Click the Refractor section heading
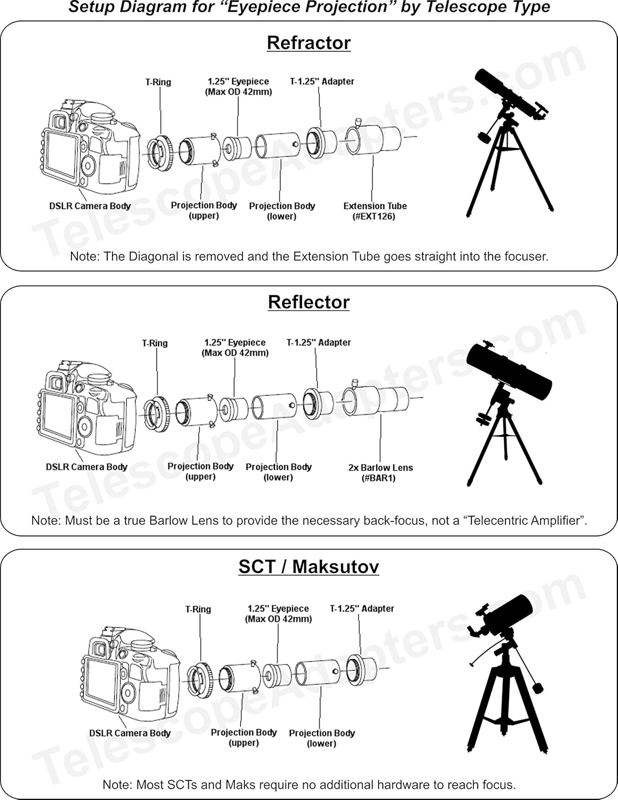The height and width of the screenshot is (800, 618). [308, 43]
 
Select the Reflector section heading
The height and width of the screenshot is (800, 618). [308, 302]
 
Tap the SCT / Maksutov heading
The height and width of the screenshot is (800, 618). [308, 566]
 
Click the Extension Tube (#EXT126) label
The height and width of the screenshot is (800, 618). [375, 211]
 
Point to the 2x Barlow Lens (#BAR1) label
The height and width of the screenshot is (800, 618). [380, 473]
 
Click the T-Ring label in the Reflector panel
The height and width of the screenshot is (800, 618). [155, 343]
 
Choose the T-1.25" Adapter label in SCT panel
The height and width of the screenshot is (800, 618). [362, 609]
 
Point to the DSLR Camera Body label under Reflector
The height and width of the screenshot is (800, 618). [86, 467]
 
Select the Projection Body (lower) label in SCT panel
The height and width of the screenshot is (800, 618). [322, 738]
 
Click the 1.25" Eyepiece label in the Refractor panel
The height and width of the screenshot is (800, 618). [238, 86]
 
